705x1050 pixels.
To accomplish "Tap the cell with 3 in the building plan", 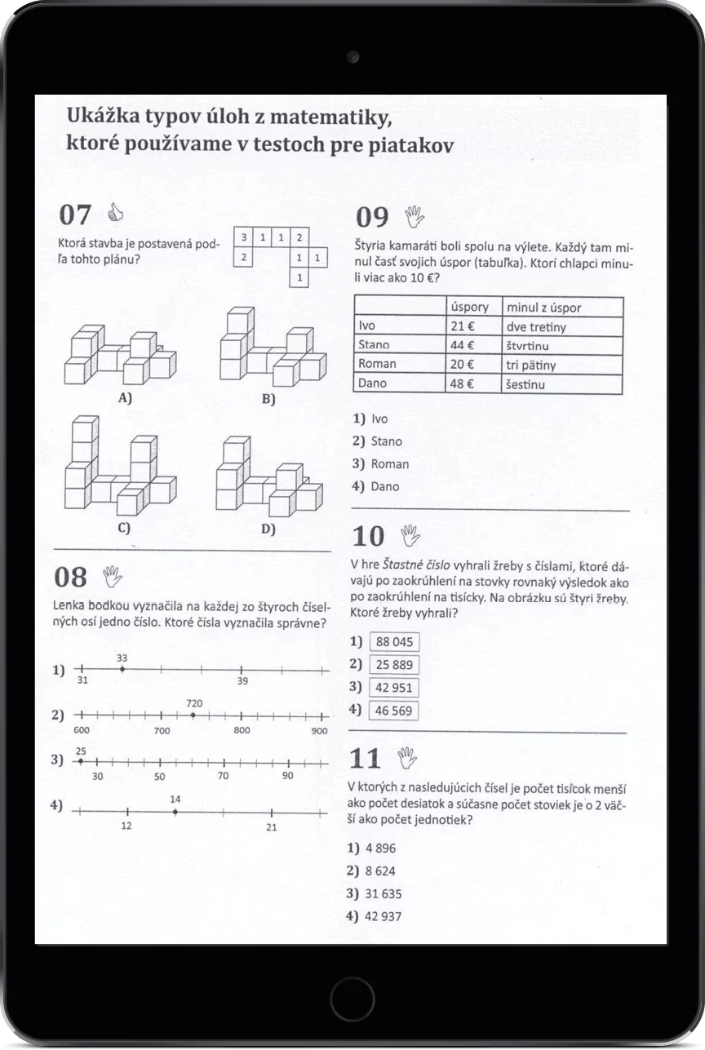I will pyautogui.click(x=242, y=237).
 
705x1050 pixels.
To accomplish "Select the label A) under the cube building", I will pyautogui.click(x=126, y=398).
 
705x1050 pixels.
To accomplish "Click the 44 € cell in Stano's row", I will pyautogui.click(x=463, y=345).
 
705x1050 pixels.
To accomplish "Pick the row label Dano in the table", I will pyautogui.click(x=373, y=383).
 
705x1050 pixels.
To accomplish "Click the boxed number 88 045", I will pyautogui.click(x=394, y=642).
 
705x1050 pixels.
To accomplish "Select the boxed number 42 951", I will pyautogui.click(x=394, y=687).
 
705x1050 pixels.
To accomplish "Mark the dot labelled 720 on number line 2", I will pyautogui.click(x=193, y=715).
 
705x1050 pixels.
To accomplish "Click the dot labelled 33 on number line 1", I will pyautogui.click(x=122, y=670).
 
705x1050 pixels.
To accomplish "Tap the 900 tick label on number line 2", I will pyautogui.click(x=318, y=731).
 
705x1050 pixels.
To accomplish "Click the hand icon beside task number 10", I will pyautogui.click(x=410, y=535).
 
